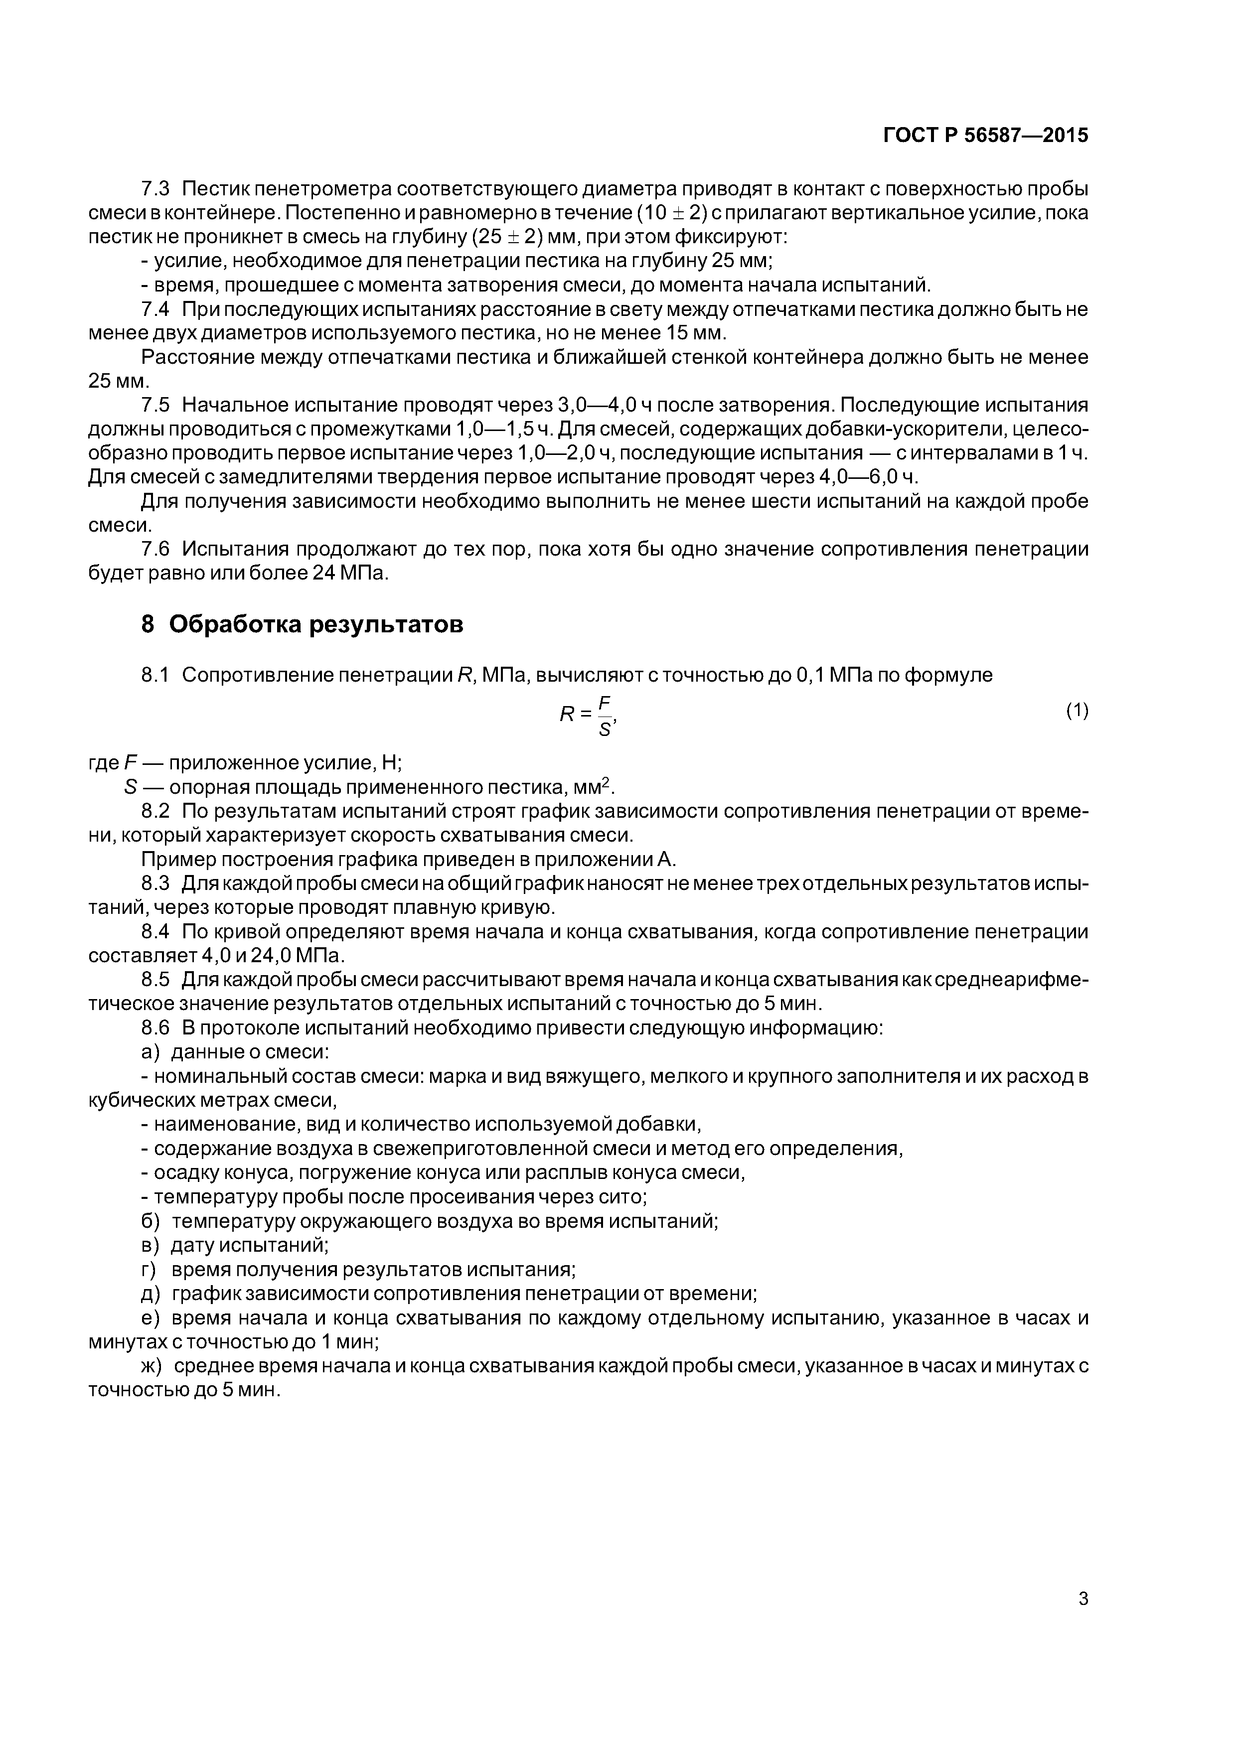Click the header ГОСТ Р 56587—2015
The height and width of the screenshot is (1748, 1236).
pos(985,136)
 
